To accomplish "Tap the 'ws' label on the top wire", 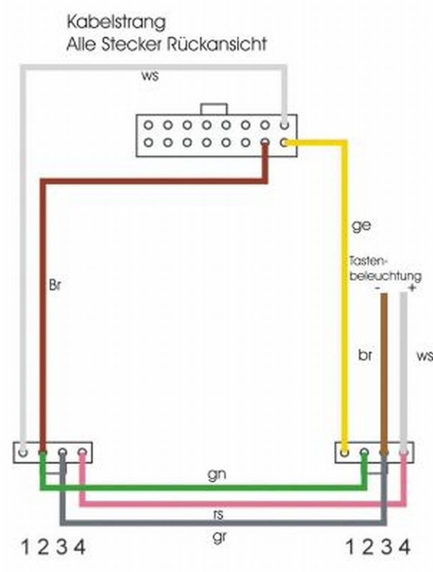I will [x=150, y=76].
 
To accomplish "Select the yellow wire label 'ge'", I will [x=361, y=225].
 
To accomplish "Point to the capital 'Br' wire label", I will [x=56, y=284].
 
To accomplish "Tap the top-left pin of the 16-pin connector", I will [x=147, y=125].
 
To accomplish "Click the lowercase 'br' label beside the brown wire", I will [x=366, y=355].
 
